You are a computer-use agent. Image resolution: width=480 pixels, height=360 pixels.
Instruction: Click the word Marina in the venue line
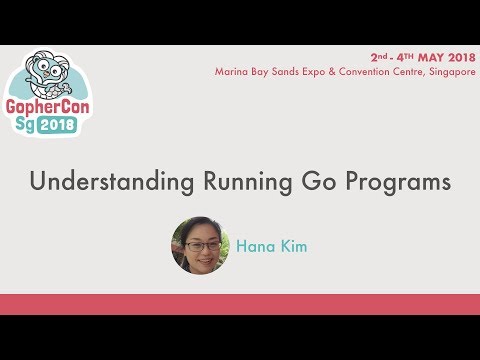pyautogui.click(x=231, y=72)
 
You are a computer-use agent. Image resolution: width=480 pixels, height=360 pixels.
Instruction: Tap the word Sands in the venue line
pyautogui.click(x=291, y=72)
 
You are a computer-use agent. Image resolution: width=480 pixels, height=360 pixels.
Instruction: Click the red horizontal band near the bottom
pyautogui.click(x=240, y=305)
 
